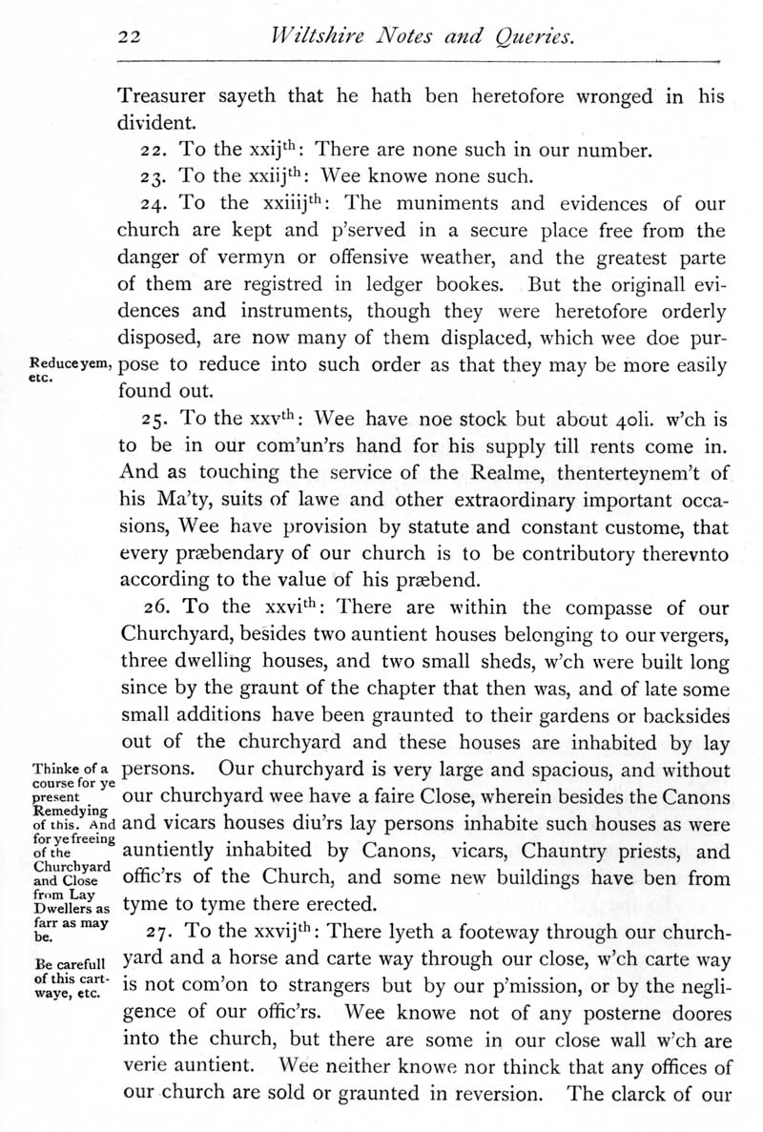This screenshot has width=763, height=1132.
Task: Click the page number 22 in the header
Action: point(129,37)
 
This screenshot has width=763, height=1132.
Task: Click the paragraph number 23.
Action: point(152,175)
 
